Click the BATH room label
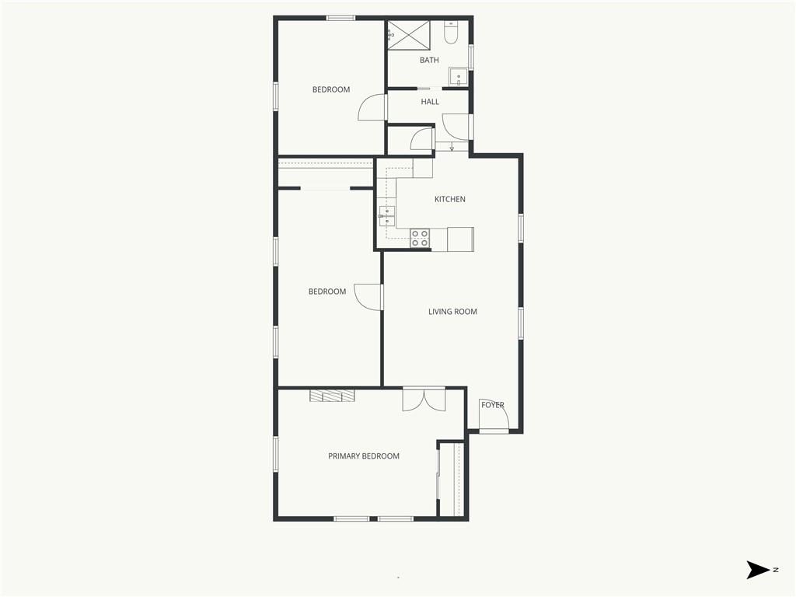click(x=429, y=60)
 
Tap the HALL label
click(x=429, y=102)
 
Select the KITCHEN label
click(x=450, y=199)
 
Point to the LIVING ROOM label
click(x=452, y=312)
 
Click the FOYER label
click(x=492, y=404)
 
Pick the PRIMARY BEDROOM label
click(x=364, y=456)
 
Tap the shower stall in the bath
click(x=409, y=35)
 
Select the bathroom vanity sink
click(x=459, y=77)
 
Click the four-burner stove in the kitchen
click(x=420, y=239)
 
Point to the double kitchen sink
click(x=386, y=216)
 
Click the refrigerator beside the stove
click(x=460, y=239)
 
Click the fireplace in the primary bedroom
click(x=332, y=396)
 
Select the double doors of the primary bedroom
click(x=424, y=399)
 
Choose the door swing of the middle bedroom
click(x=368, y=296)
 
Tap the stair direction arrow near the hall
click(x=452, y=147)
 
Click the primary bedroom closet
click(x=452, y=479)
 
